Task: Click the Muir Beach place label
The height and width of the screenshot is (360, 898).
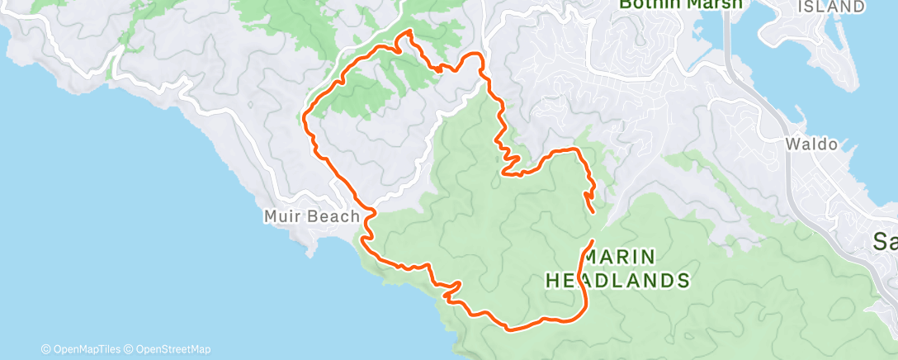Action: [x=311, y=216]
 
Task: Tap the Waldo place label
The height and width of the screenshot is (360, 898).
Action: [x=811, y=144]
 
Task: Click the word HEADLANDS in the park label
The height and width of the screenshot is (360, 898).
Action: [x=617, y=281]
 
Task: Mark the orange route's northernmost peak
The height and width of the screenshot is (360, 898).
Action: [x=405, y=32]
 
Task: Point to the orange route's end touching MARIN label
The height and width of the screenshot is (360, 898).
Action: [x=592, y=241]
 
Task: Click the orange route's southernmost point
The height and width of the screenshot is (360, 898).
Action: [x=510, y=330]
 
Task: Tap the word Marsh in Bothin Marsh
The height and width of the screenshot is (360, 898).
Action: [x=716, y=4]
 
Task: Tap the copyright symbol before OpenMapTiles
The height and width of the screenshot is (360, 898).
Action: [x=45, y=349]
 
